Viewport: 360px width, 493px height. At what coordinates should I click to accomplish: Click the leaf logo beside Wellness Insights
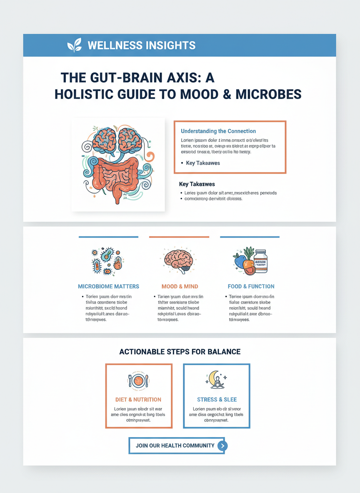coord(75,45)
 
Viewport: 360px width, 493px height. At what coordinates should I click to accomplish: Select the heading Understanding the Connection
coord(218,131)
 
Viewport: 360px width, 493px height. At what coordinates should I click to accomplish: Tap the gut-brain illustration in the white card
coord(118,164)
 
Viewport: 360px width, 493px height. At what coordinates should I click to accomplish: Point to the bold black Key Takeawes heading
coord(197,184)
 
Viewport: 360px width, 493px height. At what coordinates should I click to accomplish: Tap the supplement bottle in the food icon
coord(260,261)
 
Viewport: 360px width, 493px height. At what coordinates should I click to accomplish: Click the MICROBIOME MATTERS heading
coord(108,286)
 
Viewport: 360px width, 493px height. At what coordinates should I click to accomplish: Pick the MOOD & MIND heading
coord(180,286)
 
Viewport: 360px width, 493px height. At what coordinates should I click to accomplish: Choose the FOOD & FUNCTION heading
coord(251,286)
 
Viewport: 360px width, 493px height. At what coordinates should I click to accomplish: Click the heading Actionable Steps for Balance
coord(180,352)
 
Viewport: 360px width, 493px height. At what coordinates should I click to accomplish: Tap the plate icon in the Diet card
coord(138,380)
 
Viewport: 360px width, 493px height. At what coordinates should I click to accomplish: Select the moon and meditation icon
coord(216,380)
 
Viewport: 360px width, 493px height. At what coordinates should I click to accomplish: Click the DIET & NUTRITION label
coord(138,400)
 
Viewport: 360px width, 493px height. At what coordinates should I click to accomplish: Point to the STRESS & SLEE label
coord(216,400)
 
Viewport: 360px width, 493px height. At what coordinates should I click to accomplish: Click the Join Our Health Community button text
coord(175,446)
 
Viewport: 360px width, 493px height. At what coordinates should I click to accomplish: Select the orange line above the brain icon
coord(179,237)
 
